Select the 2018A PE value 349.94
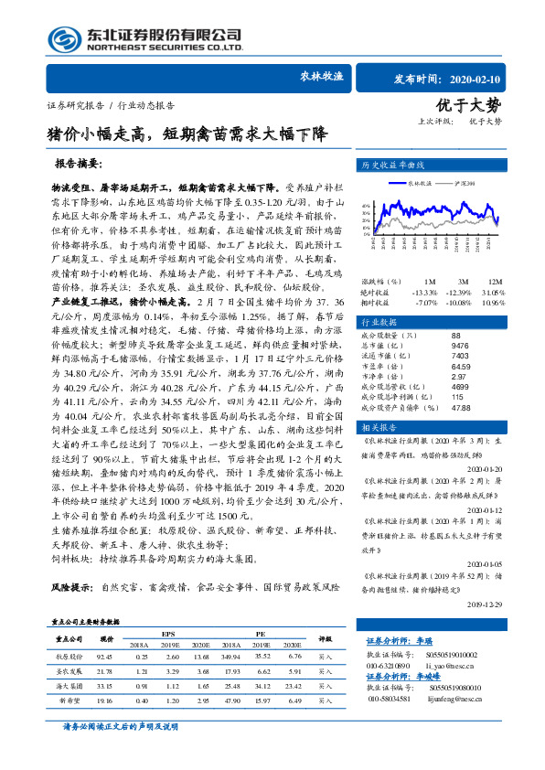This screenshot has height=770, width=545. (x=230, y=681)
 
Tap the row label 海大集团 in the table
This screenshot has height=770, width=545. (x=69, y=710)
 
